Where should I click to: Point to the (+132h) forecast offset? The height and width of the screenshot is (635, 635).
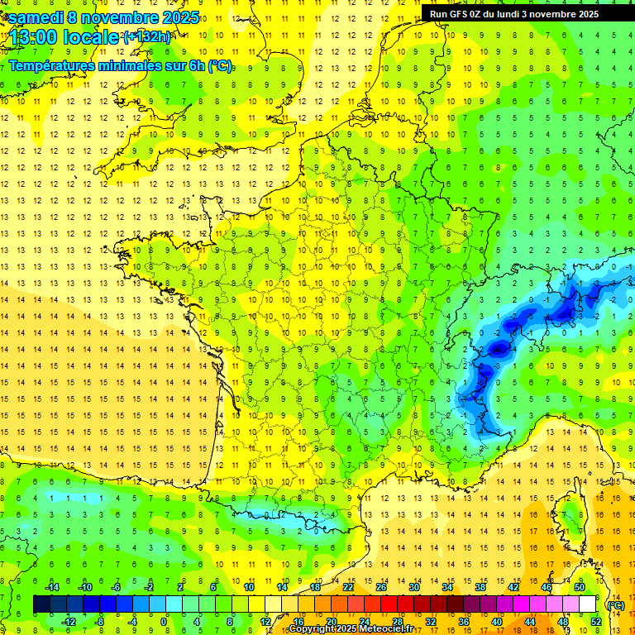click(146, 36)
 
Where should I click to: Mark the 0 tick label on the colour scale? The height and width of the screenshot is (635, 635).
click(164, 621)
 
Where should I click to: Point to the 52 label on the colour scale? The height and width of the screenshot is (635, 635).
click(595, 621)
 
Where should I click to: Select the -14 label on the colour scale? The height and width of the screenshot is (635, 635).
click(52, 587)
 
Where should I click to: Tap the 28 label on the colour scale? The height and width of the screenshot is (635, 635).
click(397, 621)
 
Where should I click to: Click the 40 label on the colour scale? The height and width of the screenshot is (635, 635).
click(496, 621)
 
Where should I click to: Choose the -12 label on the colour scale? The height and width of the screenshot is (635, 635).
click(69, 621)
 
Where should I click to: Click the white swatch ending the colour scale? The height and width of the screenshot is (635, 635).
click(587, 604)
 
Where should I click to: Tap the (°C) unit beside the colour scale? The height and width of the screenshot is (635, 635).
click(615, 604)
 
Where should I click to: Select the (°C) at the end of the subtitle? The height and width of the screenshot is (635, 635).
click(220, 66)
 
